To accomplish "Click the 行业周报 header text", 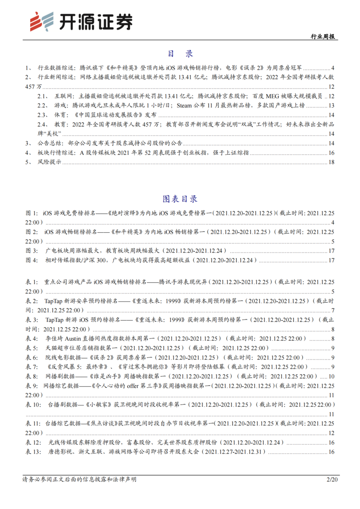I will (x=324, y=37).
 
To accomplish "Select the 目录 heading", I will (x=180, y=54).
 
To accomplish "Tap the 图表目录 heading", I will (x=180, y=199).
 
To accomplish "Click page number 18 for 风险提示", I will (x=331, y=162).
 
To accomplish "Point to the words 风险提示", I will (x=49, y=162).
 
